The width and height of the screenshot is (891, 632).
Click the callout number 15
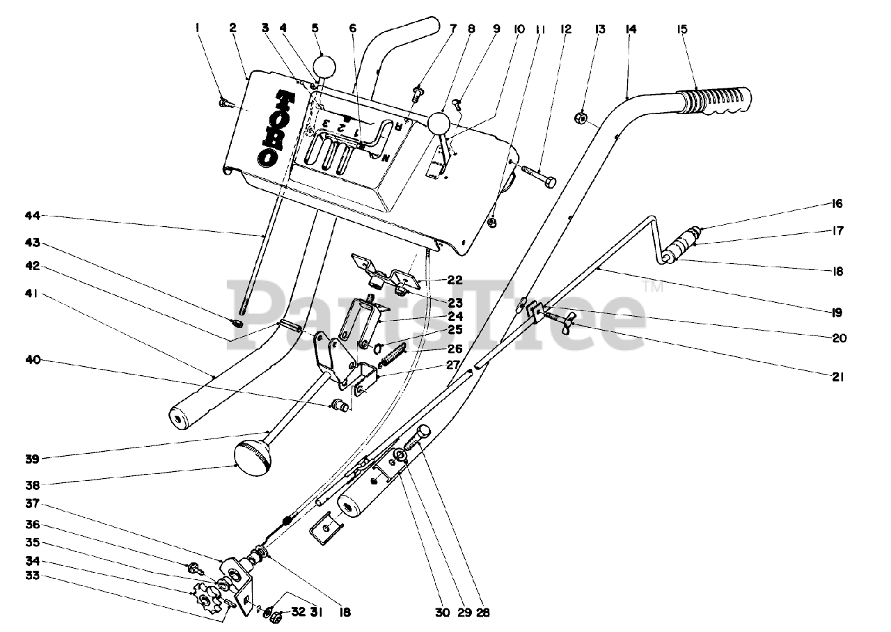[x=682, y=29]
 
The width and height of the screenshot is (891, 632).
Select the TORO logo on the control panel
[x=276, y=129]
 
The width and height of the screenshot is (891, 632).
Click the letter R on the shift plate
[x=397, y=127]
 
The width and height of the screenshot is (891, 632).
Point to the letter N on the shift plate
[x=385, y=158]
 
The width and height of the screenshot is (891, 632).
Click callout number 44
[x=33, y=216]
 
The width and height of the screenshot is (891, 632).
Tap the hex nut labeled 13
[x=581, y=118]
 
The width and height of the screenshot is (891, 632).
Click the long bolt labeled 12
[x=539, y=177]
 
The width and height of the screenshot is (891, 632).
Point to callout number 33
[x=33, y=575]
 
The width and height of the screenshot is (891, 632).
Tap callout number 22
[x=455, y=280]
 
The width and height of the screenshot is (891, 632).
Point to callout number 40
[x=33, y=360]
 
